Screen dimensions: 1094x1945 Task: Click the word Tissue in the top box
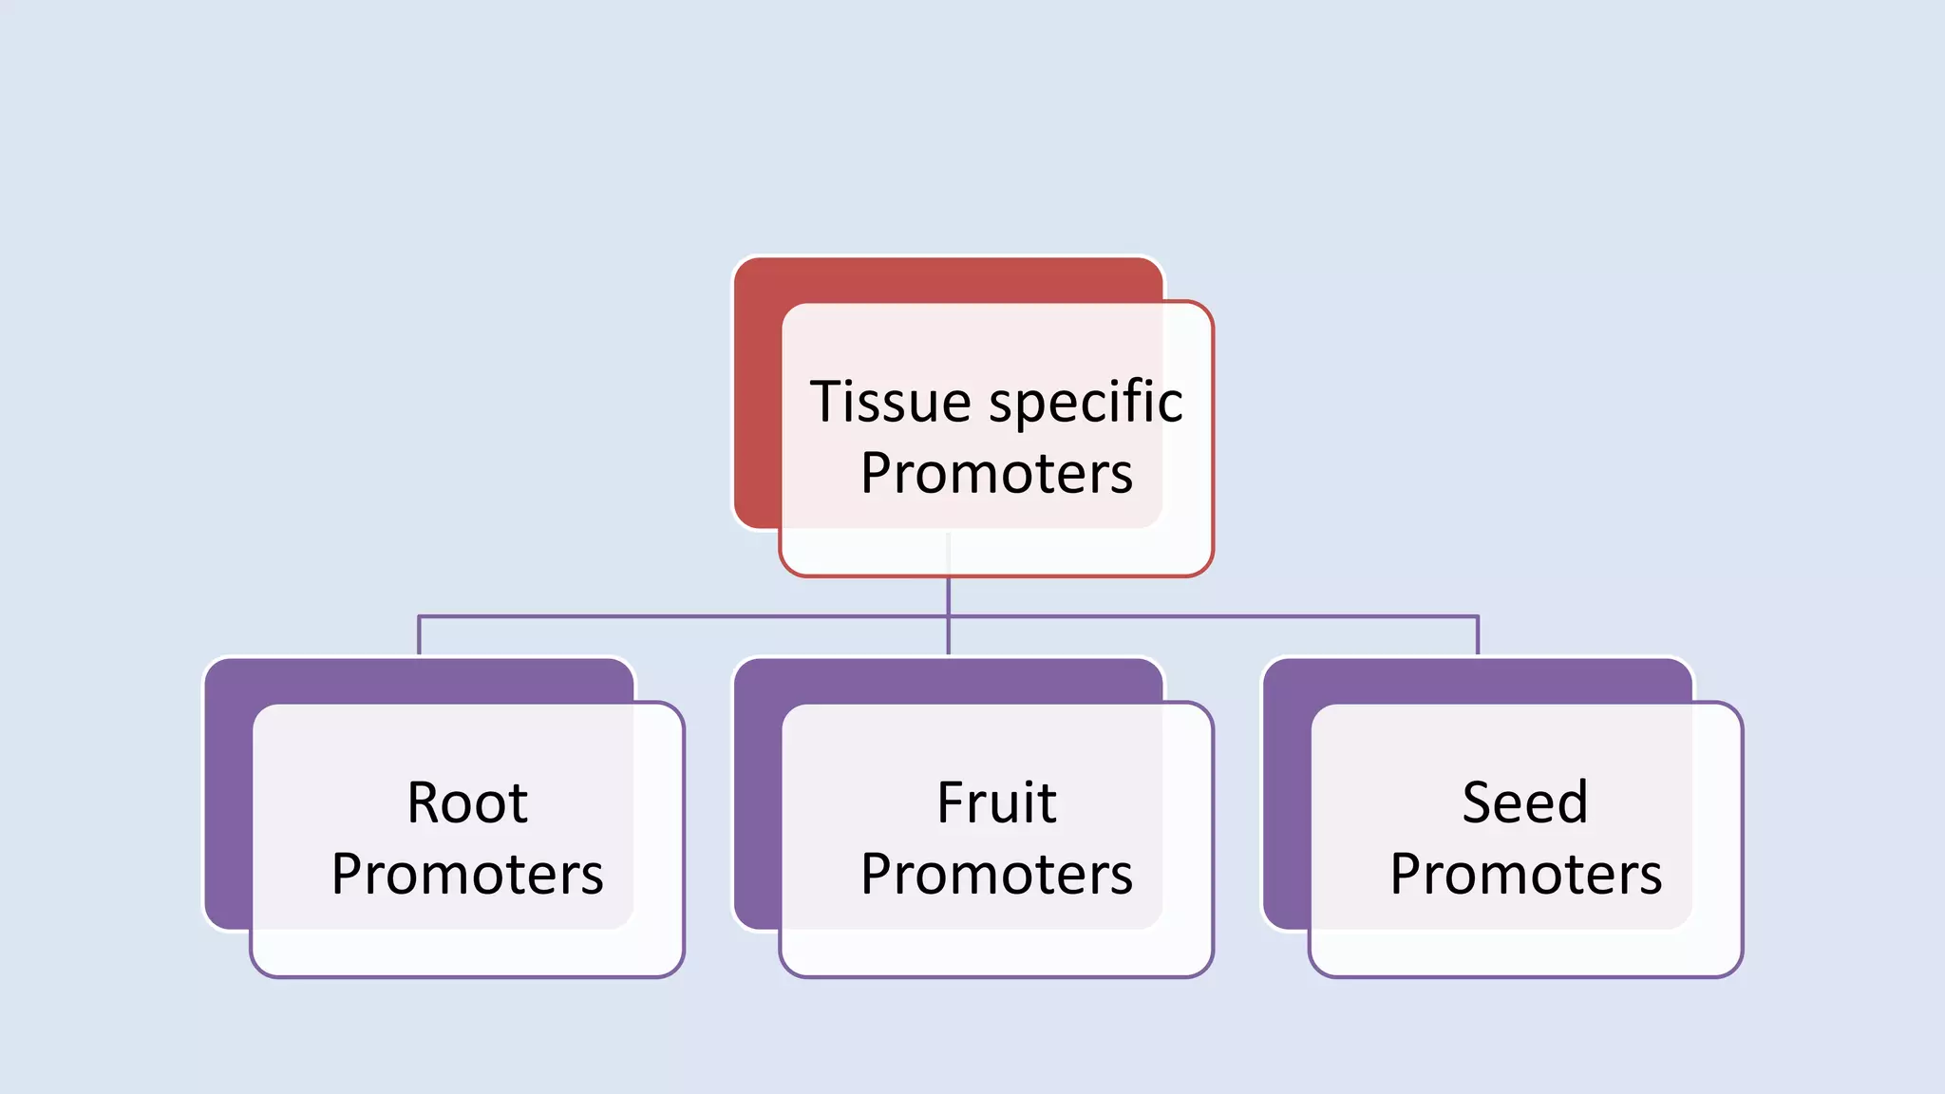[x=890, y=402]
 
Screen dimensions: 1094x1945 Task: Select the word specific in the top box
[x=1086, y=404]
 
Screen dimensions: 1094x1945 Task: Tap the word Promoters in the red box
[x=996, y=473]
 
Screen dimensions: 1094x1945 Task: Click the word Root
[x=466, y=803]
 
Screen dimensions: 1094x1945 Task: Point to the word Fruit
[x=995, y=803]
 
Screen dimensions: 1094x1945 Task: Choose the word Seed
[x=1524, y=803]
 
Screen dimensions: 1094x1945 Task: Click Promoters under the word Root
[x=466, y=874]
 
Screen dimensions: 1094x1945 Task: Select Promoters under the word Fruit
[x=996, y=874]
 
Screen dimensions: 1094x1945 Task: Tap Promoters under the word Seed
[x=1525, y=874]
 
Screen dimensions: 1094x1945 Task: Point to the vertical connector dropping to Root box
[x=419, y=635]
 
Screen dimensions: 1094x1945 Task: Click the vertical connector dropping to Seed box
[x=1478, y=635]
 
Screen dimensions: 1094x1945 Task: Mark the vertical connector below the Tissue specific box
[x=949, y=596]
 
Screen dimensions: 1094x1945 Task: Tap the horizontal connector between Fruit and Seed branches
[x=1216, y=616]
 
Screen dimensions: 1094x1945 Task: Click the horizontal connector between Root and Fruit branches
[x=684, y=616]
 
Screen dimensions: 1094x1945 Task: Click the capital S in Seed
[x=1479, y=803]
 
